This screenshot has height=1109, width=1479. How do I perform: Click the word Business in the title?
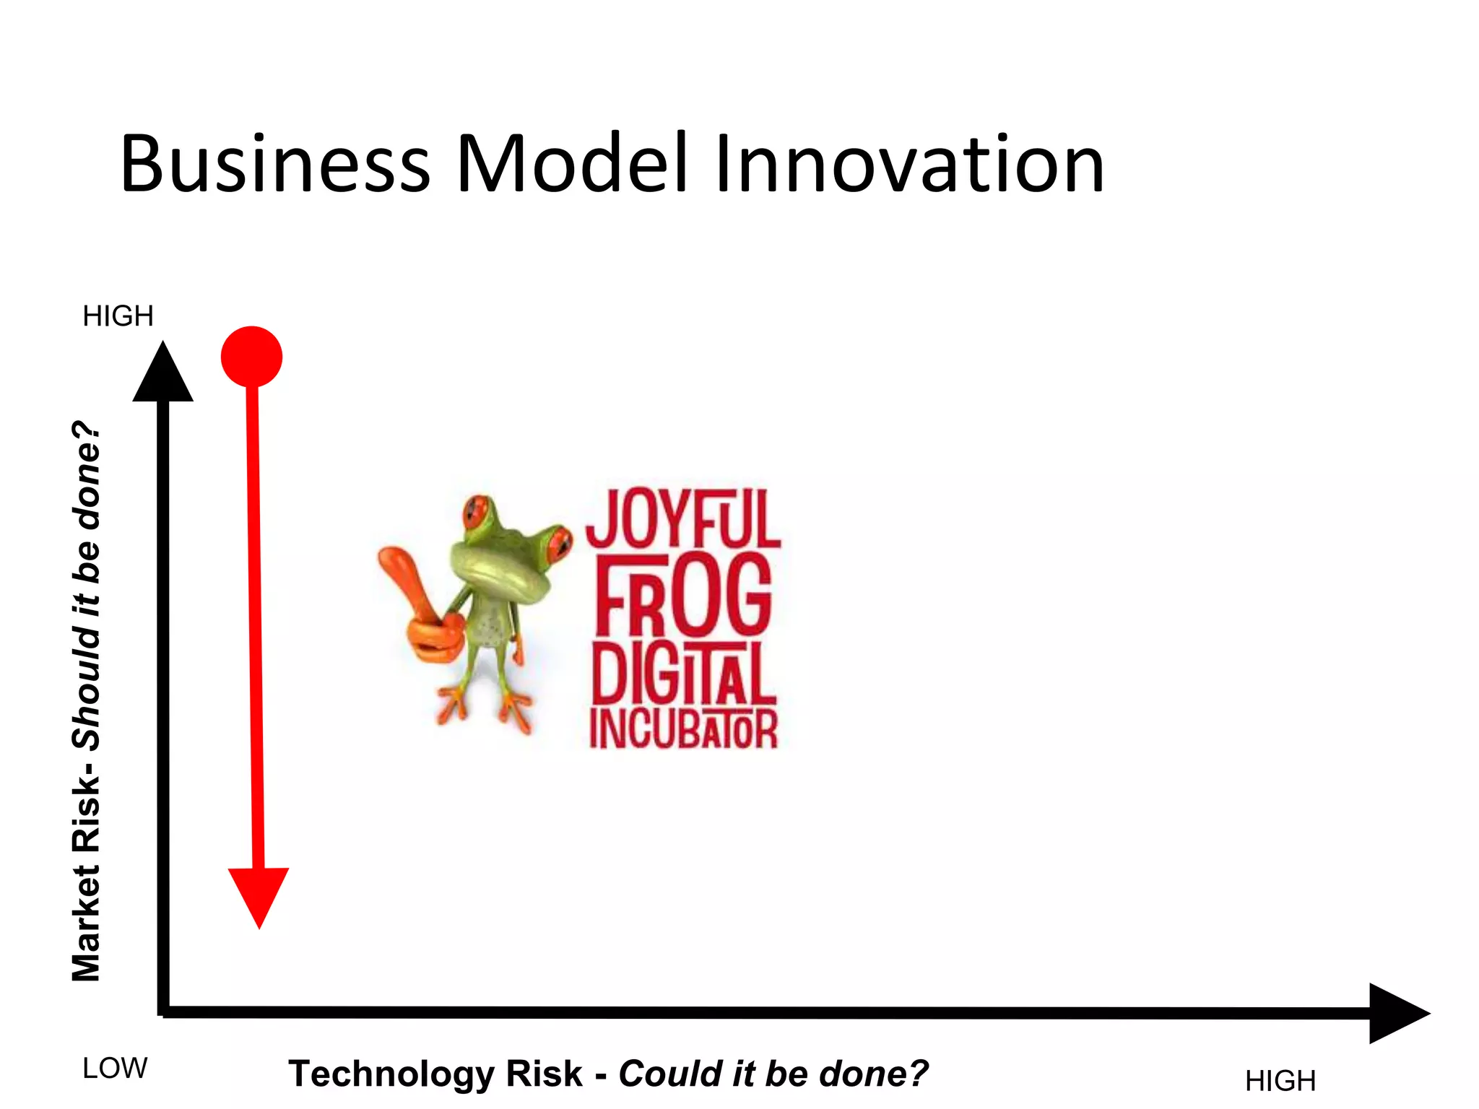tap(274, 165)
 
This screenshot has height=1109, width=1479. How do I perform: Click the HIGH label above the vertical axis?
tap(118, 316)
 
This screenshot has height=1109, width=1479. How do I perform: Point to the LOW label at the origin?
tap(115, 1068)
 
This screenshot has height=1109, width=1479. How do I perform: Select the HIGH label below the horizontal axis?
tap(1280, 1081)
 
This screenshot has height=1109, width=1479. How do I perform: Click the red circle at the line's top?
tap(251, 357)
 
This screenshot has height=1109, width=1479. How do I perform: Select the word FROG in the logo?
tap(682, 596)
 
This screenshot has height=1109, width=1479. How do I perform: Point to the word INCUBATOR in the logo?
tap(682, 729)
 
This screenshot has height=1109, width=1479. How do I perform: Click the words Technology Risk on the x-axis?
tap(435, 1073)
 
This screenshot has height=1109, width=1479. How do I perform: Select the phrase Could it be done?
tap(773, 1073)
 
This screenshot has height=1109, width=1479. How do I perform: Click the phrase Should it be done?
tap(87, 585)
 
